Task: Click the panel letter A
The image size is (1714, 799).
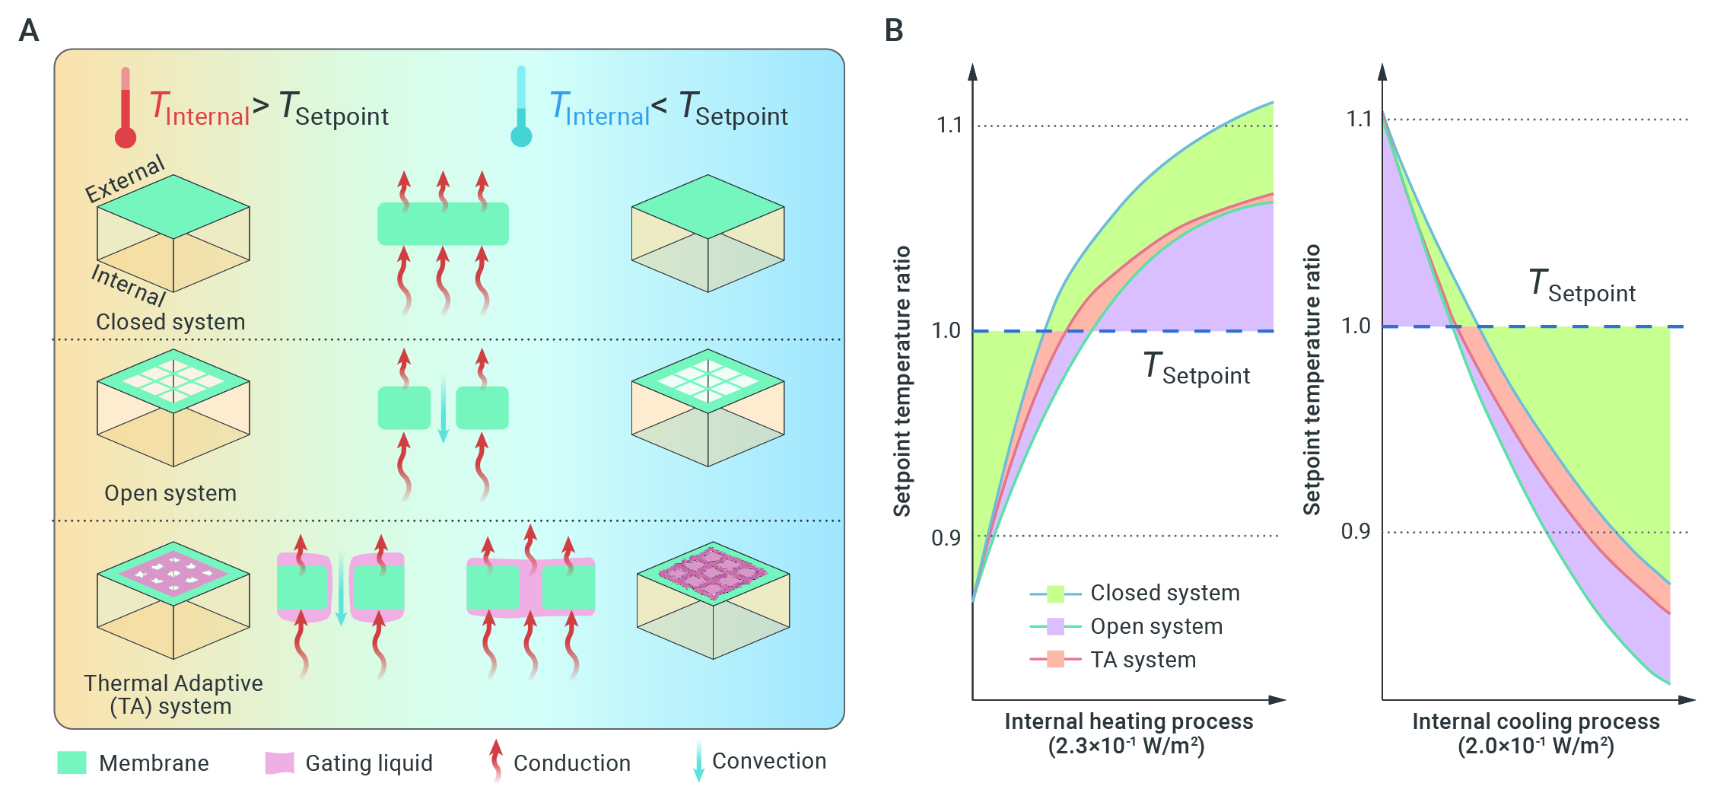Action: click(29, 30)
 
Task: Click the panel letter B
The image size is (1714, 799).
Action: click(894, 30)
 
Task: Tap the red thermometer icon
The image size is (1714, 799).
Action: click(126, 107)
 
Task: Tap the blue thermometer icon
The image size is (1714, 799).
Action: click(521, 107)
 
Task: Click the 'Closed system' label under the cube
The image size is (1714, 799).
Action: click(170, 322)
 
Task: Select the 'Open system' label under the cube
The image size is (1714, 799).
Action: click(170, 493)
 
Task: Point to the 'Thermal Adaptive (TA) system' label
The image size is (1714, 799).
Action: click(173, 695)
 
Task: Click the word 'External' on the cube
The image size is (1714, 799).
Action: click(125, 179)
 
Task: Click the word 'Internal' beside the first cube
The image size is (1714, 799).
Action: click(129, 285)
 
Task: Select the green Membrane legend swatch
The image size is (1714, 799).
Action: click(72, 762)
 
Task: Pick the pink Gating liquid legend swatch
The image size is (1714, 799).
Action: click(279, 762)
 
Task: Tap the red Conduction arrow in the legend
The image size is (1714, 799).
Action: click(496, 760)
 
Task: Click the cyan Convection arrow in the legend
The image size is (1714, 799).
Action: click(698, 762)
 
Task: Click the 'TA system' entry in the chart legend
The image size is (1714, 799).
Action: click(1143, 660)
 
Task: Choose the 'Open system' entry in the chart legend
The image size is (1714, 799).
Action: click(1156, 626)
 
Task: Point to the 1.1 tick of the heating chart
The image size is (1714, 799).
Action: click(949, 125)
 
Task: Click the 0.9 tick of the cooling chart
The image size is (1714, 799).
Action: click(1356, 531)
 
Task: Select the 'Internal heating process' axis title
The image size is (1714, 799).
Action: click(1128, 721)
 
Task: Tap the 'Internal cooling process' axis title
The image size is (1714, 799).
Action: click(1536, 721)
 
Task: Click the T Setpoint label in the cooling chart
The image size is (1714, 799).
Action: click(1582, 286)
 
